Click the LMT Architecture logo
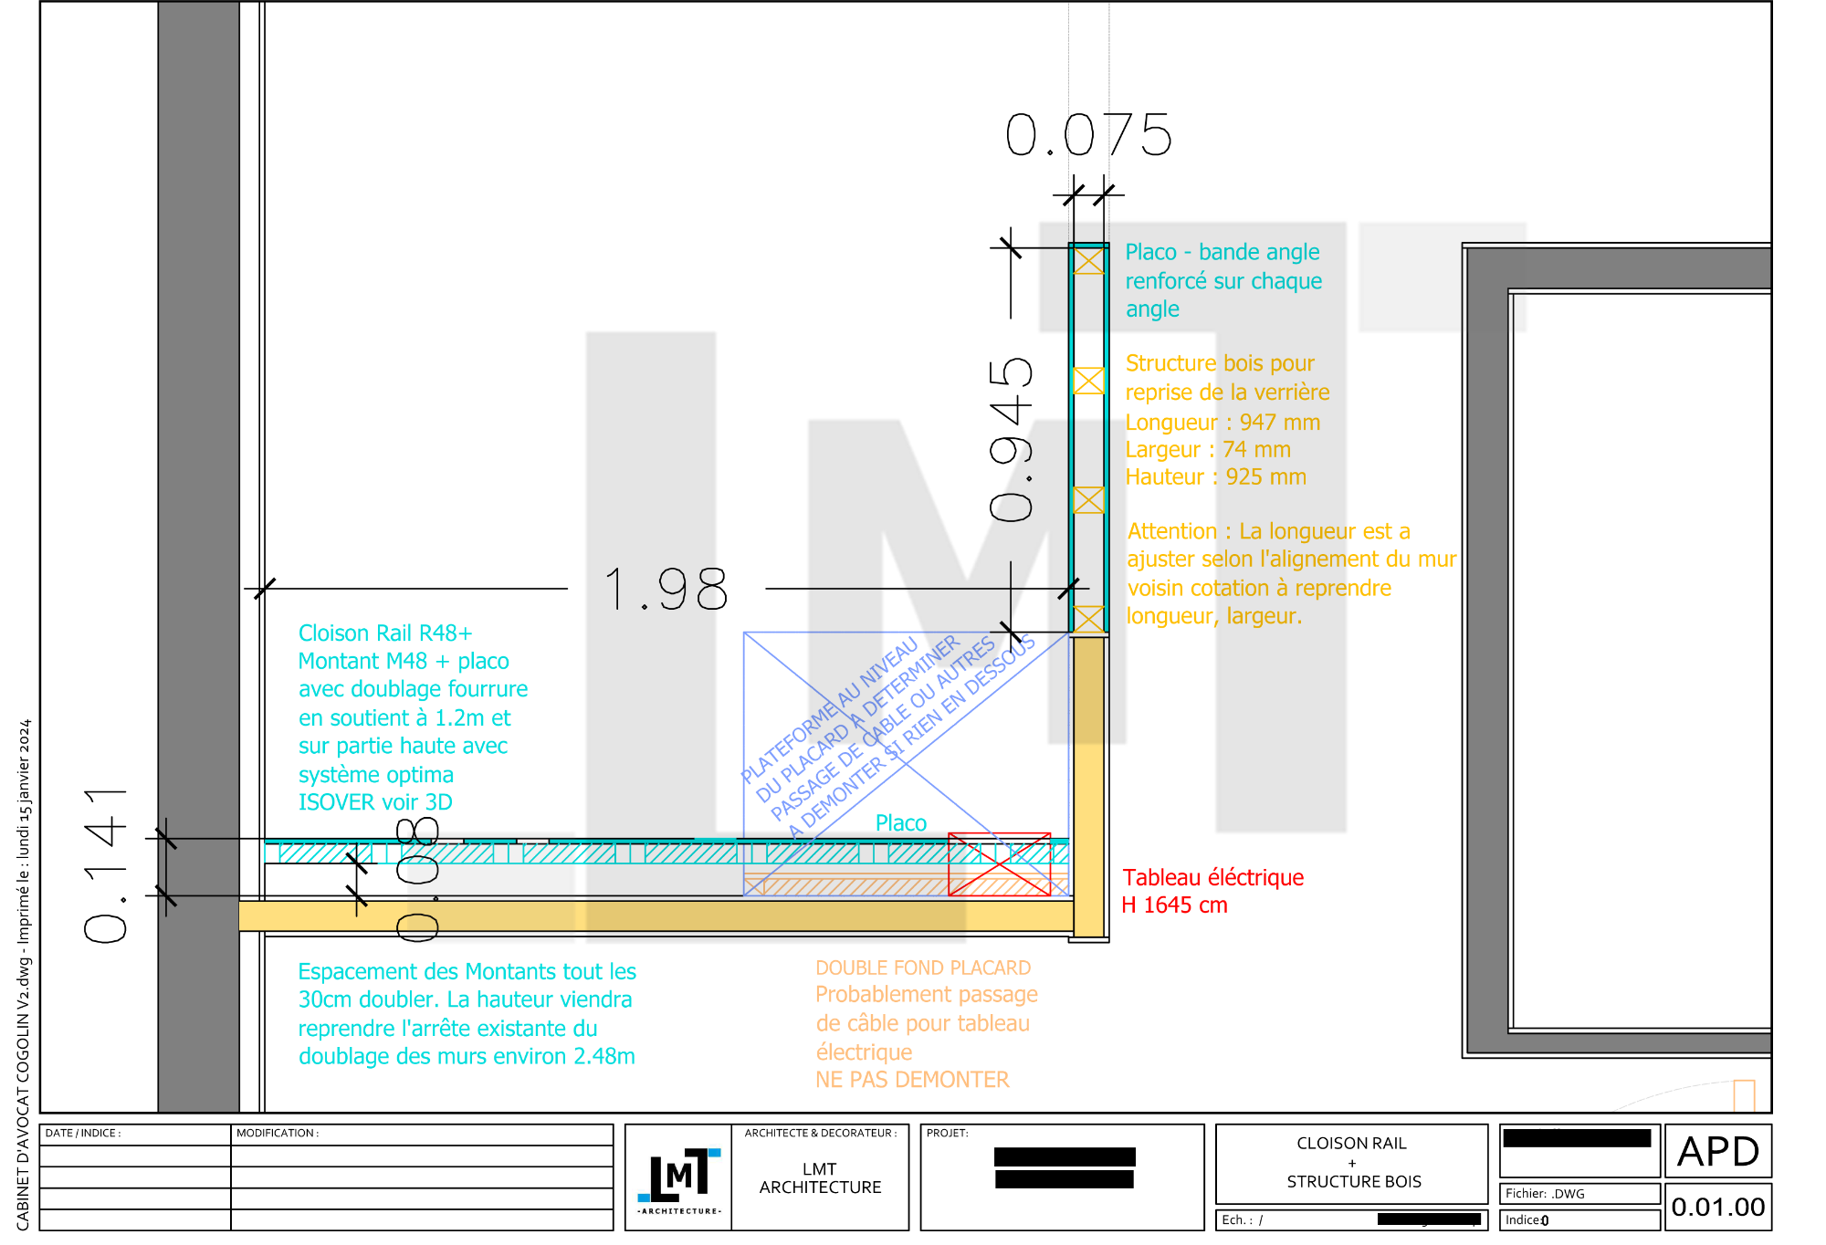(x=677, y=1177)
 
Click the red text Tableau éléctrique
(x=1212, y=878)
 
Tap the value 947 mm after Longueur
(x=1279, y=423)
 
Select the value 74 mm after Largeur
(x=1256, y=450)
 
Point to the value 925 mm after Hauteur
(x=1265, y=477)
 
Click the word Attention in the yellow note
(x=1171, y=531)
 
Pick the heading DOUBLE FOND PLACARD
(x=922, y=968)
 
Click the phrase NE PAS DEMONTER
(x=912, y=1080)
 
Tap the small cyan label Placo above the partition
(x=900, y=823)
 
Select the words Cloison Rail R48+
(x=384, y=633)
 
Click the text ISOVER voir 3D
(x=375, y=802)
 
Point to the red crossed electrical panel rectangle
(x=999, y=864)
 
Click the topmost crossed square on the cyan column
(x=1088, y=261)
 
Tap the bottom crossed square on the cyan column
(x=1088, y=619)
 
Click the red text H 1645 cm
(x=1174, y=905)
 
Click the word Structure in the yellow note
(x=1170, y=363)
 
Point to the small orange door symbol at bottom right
(x=1744, y=1094)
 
